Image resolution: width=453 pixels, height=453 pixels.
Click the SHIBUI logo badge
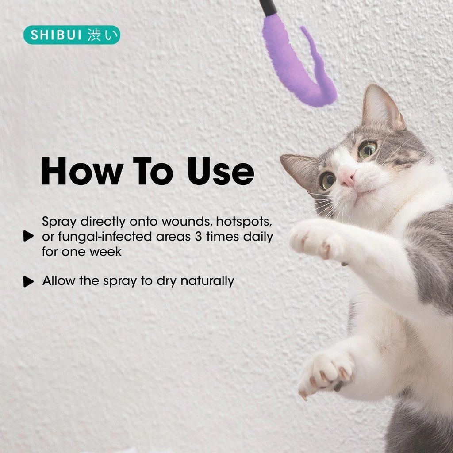tap(72, 35)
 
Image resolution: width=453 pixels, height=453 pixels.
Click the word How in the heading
tap(82, 171)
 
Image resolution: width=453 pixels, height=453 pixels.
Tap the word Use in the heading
tap(221, 171)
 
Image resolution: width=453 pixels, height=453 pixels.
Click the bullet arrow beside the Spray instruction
tap(28, 236)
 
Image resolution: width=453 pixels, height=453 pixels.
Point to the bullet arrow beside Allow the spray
tap(28, 281)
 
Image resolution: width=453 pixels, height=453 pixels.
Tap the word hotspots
tap(244, 222)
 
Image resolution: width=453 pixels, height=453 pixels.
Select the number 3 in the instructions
tap(198, 237)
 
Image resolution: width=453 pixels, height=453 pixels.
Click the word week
tap(105, 252)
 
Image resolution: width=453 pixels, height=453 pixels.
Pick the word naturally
tap(207, 281)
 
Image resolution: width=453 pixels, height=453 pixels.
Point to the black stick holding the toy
tap(268, 8)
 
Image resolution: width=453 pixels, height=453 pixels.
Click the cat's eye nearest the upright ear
tap(368, 149)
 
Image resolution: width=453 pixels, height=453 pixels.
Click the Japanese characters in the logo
tap(103, 35)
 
